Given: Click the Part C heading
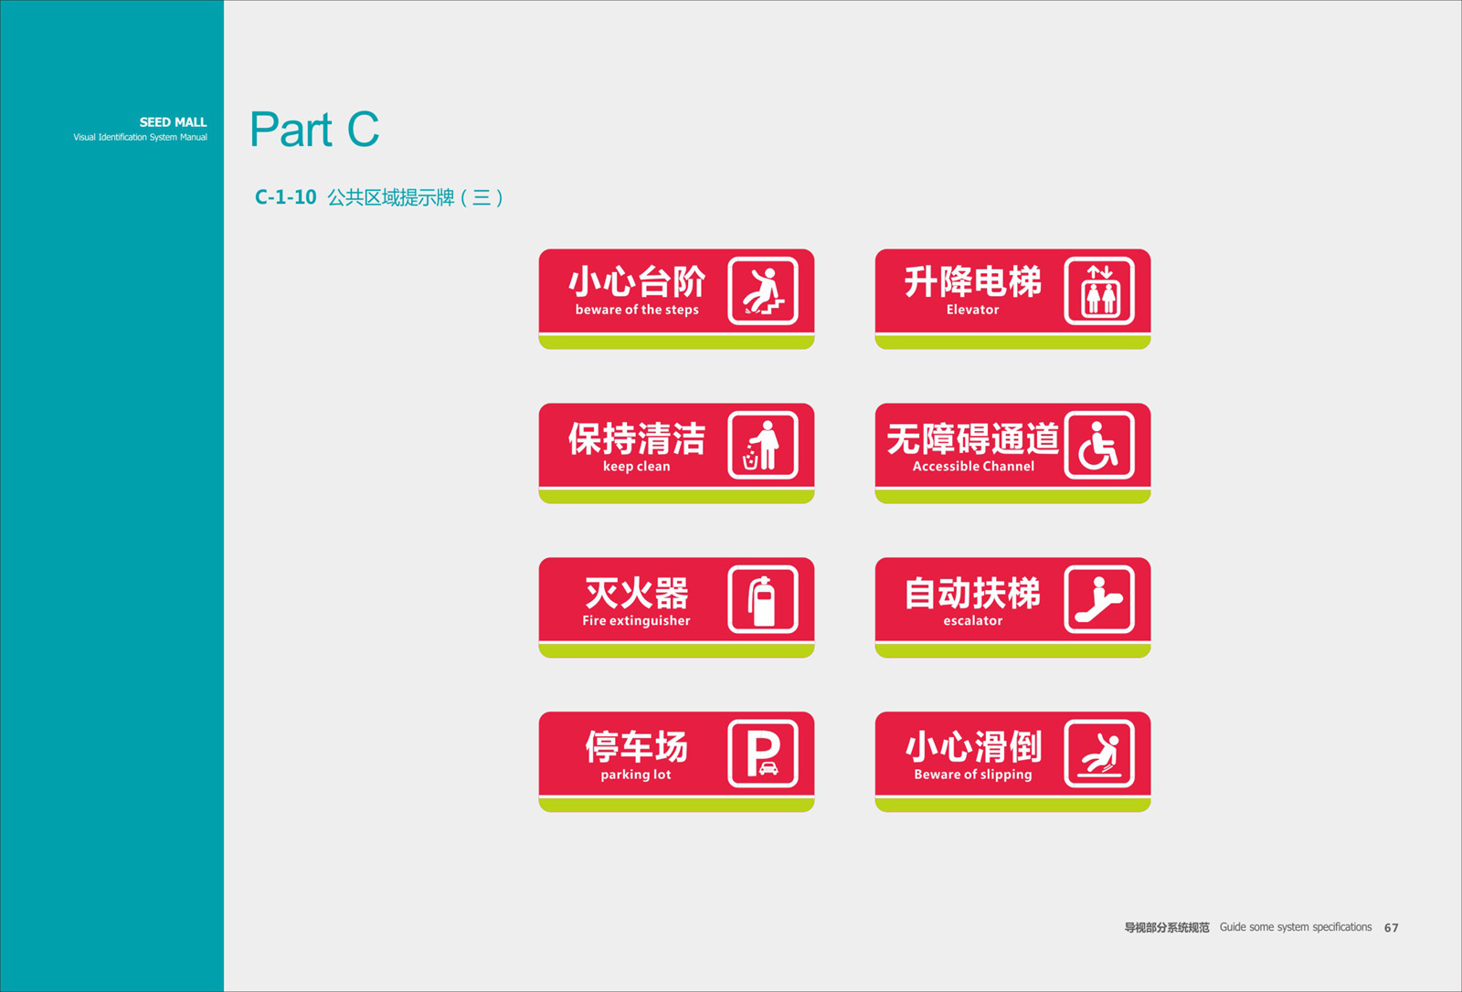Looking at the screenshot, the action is pyautogui.click(x=314, y=129).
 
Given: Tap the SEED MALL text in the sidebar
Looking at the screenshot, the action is pyautogui.click(x=173, y=122).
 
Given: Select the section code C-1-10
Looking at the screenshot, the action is pyautogui.click(x=285, y=197).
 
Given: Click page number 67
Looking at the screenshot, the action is pyautogui.click(x=1391, y=927).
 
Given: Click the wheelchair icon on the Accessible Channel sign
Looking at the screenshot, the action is pyautogui.click(x=1099, y=445).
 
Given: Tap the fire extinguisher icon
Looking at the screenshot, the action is pyautogui.click(x=762, y=600).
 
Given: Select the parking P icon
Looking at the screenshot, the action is pyautogui.click(x=762, y=754).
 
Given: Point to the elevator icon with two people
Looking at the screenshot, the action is pyautogui.click(x=1099, y=291).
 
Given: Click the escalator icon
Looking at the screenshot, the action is pyautogui.click(x=1099, y=600).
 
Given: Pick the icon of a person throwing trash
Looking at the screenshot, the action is pyautogui.click(x=762, y=445).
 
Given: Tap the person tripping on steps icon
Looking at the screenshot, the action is pyautogui.click(x=762, y=291).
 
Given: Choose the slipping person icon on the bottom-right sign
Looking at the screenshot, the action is pyautogui.click(x=1099, y=754).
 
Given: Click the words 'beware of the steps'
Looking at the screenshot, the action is pyautogui.click(x=637, y=310).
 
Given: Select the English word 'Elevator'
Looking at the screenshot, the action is pyautogui.click(x=972, y=310).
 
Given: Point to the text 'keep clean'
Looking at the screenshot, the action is pyautogui.click(x=636, y=466).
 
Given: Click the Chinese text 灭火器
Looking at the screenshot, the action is pyautogui.click(x=636, y=593).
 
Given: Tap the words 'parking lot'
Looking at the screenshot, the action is pyautogui.click(x=636, y=775).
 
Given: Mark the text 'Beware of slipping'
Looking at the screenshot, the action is pyautogui.click(x=973, y=775).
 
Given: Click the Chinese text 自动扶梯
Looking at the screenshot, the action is pyautogui.click(x=972, y=593).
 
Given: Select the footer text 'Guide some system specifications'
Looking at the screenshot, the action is pyautogui.click(x=1296, y=927).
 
